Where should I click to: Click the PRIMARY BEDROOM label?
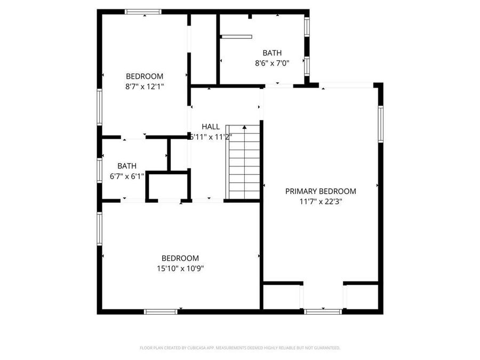pos(320,191)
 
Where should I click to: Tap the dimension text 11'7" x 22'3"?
pos(320,202)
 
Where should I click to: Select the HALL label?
pos(211,126)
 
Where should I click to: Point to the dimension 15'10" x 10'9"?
pos(180,268)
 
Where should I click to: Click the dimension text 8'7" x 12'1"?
pos(145,86)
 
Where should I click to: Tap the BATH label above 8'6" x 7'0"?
pos(272,53)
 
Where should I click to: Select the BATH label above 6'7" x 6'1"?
pos(127,166)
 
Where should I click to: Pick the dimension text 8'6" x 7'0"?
pos(272,63)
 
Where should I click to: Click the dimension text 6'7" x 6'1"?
pos(127,176)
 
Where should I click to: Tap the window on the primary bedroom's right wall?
pos(381,124)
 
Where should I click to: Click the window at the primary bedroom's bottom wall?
pos(323,311)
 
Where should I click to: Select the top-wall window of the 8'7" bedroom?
pos(143,11)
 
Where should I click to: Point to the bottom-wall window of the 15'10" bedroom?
pos(161,311)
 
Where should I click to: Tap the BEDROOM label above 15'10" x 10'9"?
pos(180,258)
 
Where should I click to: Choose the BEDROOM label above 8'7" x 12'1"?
pos(145,76)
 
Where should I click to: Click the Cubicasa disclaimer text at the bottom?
pos(240,348)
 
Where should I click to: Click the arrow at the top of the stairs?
pos(244,127)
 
